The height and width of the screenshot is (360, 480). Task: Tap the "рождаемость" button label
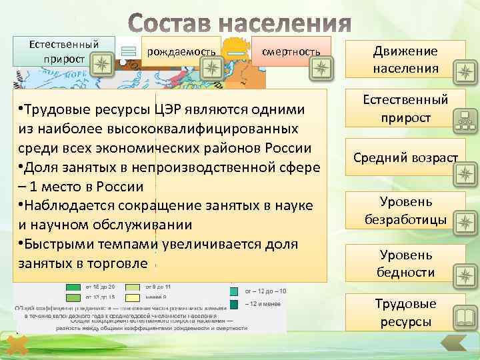coord(181,51)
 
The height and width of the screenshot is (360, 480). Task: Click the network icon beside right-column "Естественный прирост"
coord(463,121)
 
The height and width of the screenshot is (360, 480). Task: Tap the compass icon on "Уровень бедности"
coord(463,273)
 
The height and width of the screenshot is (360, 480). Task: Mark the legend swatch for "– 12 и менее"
coord(235,304)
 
